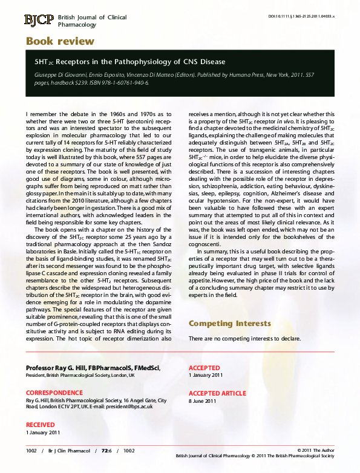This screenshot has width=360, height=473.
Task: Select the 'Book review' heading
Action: point(60,41)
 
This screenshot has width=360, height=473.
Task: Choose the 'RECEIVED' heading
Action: point(40,425)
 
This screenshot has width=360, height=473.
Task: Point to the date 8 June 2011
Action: point(203,401)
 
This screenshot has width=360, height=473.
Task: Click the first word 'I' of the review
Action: point(27,113)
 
